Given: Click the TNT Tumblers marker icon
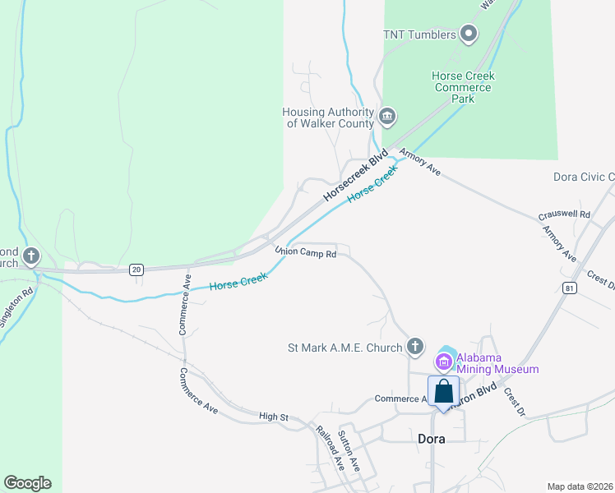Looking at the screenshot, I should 469,35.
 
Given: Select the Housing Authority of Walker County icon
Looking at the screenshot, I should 387,117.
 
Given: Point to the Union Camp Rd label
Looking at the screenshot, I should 305,254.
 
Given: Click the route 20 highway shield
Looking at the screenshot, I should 136,270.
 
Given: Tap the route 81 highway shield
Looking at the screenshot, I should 569,288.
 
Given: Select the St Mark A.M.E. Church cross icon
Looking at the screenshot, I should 415,347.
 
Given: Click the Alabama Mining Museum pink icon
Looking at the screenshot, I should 443,361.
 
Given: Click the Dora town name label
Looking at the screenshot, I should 427,439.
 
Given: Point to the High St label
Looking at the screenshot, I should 273,417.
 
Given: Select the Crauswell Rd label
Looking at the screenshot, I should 565,214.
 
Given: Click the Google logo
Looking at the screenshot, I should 27,483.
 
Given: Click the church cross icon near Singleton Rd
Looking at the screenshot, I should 31,257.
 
